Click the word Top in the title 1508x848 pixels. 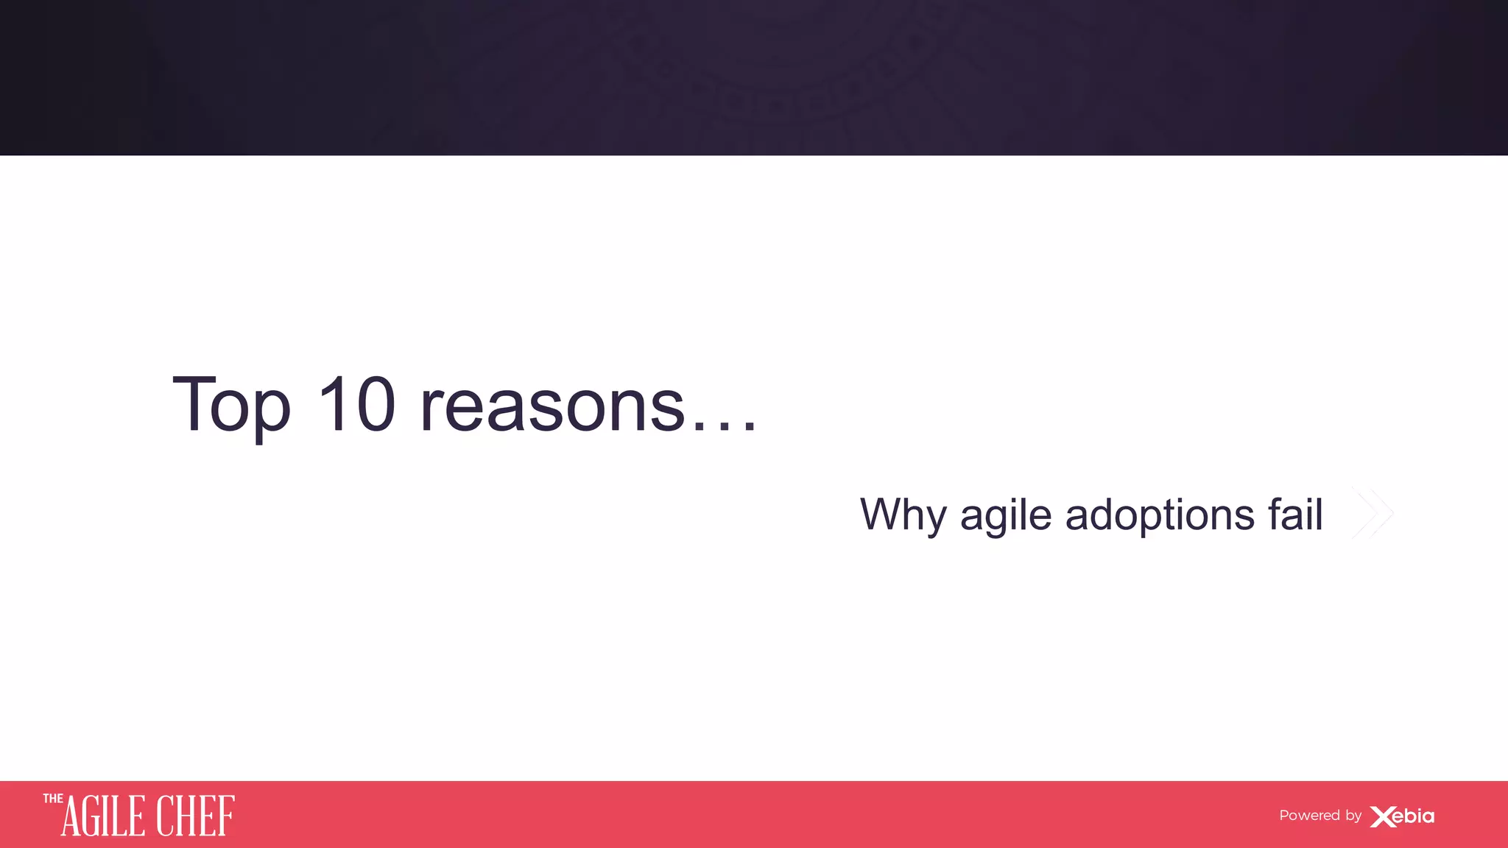tap(231, 405)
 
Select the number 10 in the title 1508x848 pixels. tap(357, 404)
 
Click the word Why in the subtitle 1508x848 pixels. tap(903, 515)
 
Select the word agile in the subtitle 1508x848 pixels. tap(1006, 515)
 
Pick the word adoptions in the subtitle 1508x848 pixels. tap(1160, 515)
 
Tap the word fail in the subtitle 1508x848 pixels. tap(1295, 513)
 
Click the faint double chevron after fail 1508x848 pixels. tap(1373, 513)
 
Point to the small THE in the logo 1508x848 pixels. tap(53, 799)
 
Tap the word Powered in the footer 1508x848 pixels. tap(1309, 816)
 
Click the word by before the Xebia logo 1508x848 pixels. tap(1353, 816)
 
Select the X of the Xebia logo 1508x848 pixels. tap(1382, 816)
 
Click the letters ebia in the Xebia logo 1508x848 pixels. tap(1415, 816)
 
